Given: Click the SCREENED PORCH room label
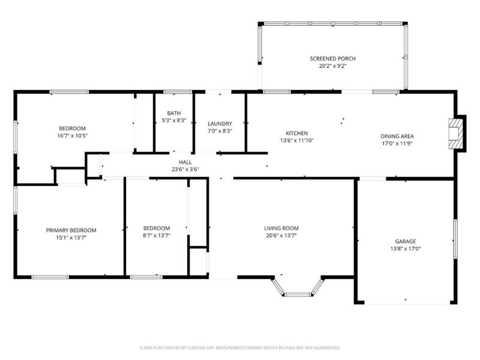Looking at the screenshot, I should tap(332, 58).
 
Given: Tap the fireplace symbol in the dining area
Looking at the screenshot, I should tap(456, 132).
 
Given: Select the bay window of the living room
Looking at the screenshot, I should tap(298, 288).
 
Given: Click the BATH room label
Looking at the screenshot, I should tap(174, 113).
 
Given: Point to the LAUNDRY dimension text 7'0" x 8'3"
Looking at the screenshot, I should tap(220, 131).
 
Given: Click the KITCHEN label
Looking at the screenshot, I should tap(296, 133).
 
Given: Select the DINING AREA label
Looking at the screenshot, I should tap(397, 136).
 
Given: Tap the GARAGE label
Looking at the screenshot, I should tap(405, 241).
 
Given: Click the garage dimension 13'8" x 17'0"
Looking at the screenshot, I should tap(405, 248).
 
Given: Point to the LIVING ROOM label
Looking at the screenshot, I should tap(281, 228).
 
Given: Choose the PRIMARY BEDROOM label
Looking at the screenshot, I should tap(71, 230).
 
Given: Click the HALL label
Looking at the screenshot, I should tap(185, 162).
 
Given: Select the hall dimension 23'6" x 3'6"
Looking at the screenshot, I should tap(185, 169).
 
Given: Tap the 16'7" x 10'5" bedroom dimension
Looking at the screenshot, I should tap(72, 136).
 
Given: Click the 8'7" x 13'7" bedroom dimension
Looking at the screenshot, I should tap(156, 236).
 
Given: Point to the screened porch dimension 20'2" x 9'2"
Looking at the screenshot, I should tap(332, 66).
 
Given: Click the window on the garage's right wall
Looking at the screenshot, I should tap(455, 238).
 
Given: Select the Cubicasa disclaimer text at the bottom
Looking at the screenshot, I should tap(240, 347).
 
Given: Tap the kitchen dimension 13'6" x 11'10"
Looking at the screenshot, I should tap(296, 140).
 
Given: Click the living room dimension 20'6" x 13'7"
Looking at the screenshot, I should tap(281, 236).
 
